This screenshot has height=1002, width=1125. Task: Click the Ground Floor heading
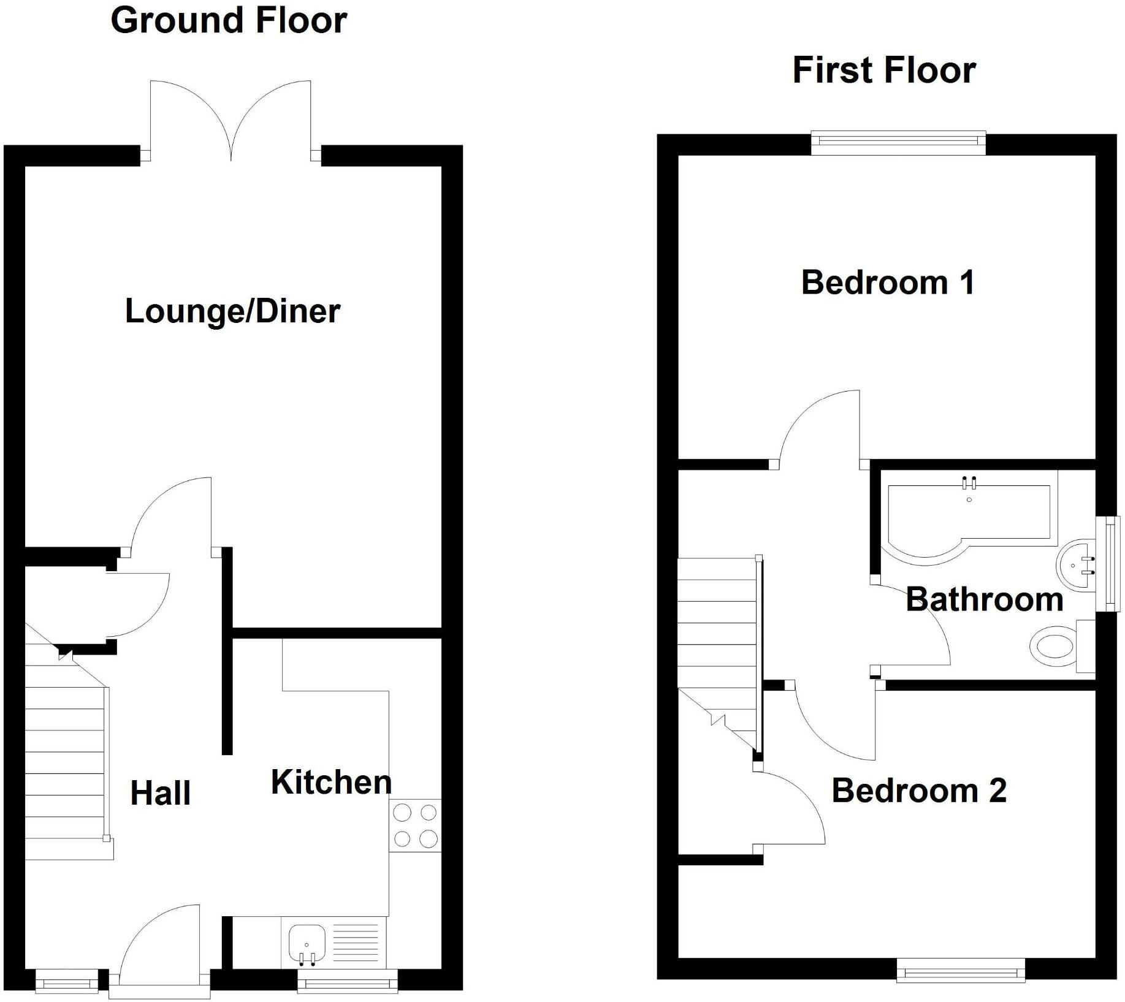229,20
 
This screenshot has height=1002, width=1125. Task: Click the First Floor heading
883,70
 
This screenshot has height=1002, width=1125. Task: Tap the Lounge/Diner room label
232,311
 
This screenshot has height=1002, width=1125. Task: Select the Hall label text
161,793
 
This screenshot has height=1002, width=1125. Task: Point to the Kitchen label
331,782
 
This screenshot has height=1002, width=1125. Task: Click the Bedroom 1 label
888,283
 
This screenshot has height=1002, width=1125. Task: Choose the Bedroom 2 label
919,790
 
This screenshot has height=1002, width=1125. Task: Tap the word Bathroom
984,599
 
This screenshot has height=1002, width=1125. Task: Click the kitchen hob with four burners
415,826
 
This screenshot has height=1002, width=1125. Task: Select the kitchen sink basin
307,943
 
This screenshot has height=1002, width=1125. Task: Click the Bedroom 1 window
898,141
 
